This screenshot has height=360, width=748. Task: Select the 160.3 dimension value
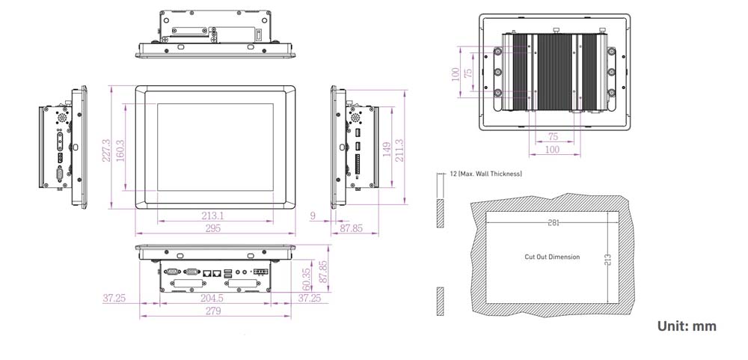coord(120,149)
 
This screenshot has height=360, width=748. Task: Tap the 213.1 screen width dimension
coord(213,216)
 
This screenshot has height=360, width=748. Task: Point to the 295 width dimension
coord(213,228)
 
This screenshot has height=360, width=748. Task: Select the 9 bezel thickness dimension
coord(312,216)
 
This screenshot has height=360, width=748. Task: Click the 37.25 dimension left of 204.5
coord(114,298)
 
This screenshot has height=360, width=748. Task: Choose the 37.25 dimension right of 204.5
coord(310,298)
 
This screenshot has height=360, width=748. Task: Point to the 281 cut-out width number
coord(553,223)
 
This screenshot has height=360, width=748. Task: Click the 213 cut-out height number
coord(608,258)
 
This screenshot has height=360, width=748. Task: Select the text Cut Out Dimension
coord(552,257)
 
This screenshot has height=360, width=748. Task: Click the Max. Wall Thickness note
coord(485,174)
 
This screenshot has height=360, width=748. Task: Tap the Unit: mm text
coord(687,326)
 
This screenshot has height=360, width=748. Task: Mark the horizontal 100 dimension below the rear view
coord(552,150)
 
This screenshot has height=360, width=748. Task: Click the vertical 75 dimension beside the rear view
coord(468,73)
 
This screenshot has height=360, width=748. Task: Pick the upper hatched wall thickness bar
coord(440,213)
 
